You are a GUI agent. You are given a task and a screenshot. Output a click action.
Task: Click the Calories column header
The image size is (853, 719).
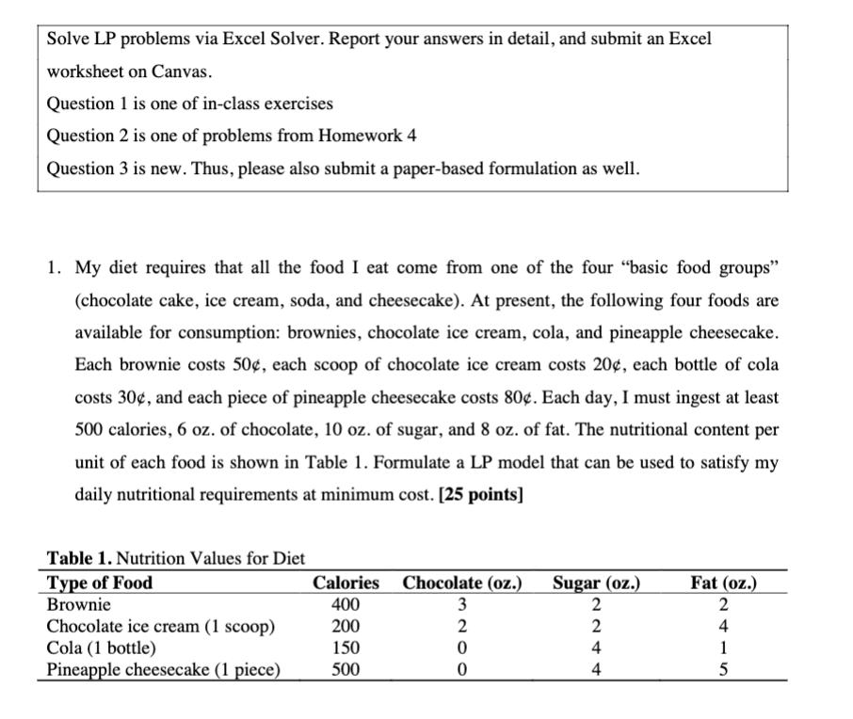click(x=346, y=583)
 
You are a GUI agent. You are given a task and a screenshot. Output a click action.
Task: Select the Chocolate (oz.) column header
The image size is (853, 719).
click(x=463, y=583)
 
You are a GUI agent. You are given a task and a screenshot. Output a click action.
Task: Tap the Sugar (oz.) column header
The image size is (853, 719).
click(x=597, y=583)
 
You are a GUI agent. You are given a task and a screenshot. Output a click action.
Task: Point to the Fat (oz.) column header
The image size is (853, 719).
click(x=724, y=583)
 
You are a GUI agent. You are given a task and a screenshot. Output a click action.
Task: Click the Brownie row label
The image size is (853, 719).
click(x=78, y=604)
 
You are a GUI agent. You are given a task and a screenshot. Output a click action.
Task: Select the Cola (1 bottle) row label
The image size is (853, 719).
click(x=102, y=647)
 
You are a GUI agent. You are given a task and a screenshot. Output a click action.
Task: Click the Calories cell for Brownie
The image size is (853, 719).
click(x=346, y=604)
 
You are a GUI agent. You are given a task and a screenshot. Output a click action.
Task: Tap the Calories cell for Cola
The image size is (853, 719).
click(x=346, y=647)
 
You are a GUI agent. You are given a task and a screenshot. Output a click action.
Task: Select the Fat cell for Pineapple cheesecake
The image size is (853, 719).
click(x=724, y=669)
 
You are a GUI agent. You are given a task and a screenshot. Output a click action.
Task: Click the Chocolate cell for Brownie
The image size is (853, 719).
click(x=463, y=604)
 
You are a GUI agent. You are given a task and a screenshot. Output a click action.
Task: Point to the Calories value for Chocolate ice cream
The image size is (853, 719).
click(x=346, y=626)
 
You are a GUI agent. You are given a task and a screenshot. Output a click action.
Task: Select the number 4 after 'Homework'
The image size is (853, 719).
click(x=410, y=136)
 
